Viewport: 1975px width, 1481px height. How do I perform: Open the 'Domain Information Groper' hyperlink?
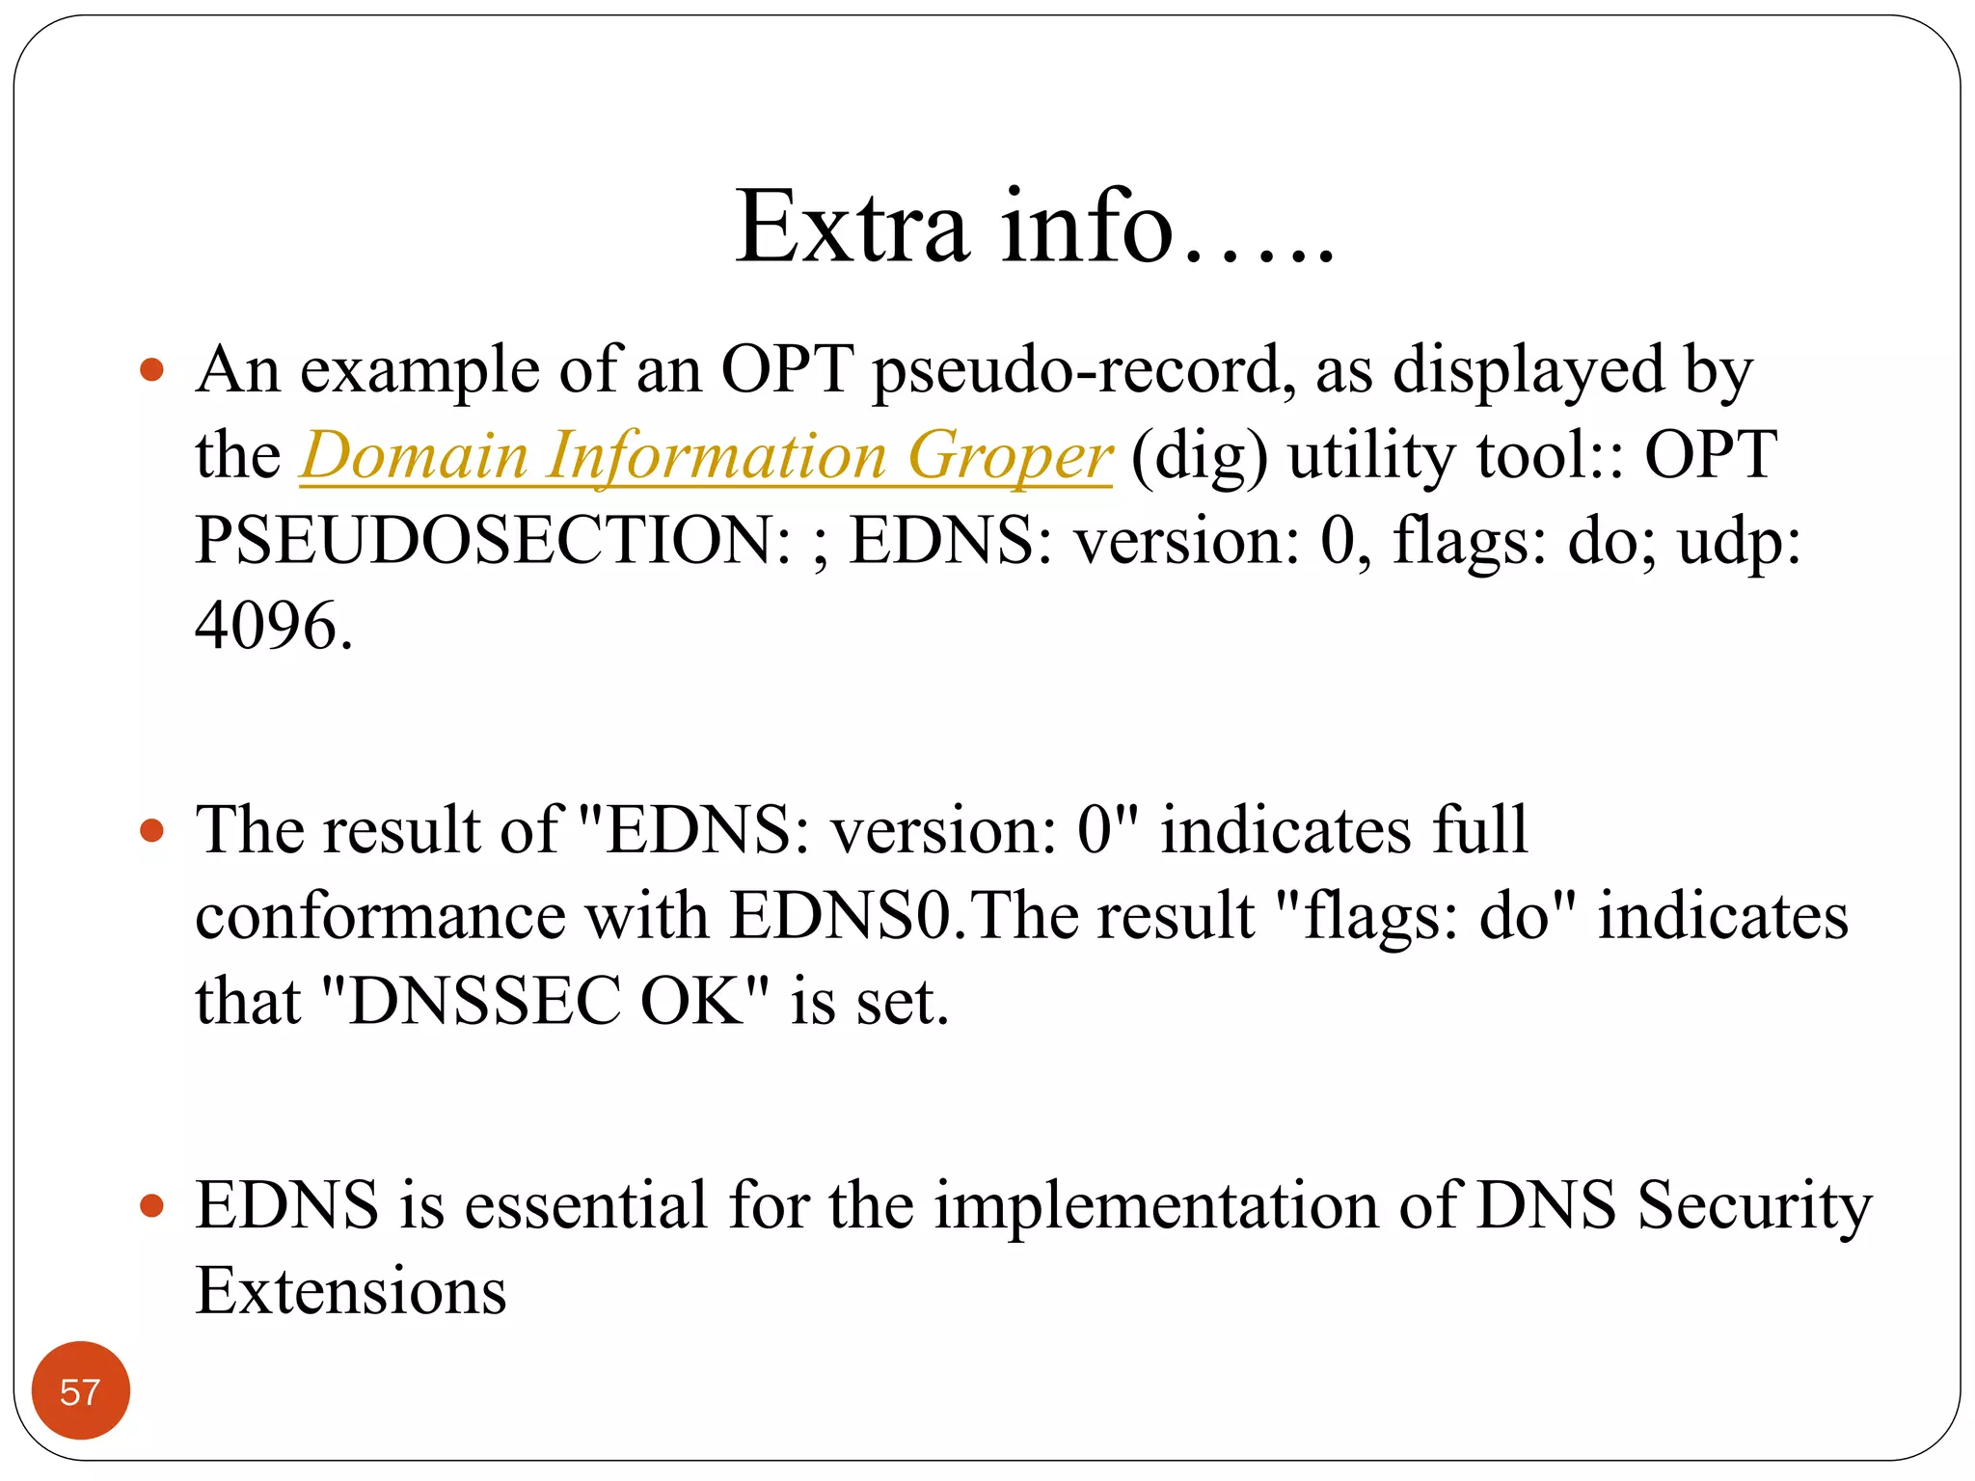[x=706, y=455]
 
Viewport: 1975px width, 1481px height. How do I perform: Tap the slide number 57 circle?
[x=80, y=1391]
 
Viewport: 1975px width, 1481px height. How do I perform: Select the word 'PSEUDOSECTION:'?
[x=493, y=540]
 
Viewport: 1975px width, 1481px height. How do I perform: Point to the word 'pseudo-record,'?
[x=1084, y=370]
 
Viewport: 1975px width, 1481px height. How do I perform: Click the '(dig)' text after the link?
[x=1199, y=455]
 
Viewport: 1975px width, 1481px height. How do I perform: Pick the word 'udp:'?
[x=1739, y=540]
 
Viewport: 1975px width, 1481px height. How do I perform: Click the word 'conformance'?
[x=380, y=915]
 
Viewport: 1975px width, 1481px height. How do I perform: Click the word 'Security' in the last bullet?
[x=1754, y=1205]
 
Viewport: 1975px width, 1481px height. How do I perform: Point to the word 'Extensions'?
[x=351, y=1291]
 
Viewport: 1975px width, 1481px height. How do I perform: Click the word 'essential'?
[x=586, y=1205]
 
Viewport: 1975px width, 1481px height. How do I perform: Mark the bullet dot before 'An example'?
[x=152, y=369]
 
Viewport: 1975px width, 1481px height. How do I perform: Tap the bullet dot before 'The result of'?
[x=152, y=830]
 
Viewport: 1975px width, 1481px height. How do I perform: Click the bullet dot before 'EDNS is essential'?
[x=152, y=1205]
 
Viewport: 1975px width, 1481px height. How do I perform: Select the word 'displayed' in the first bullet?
[x=1529, y=370]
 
